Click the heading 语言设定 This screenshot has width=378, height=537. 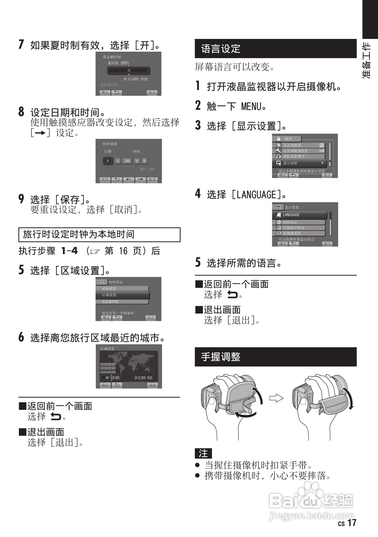pyautogui.click(x=221, y=49)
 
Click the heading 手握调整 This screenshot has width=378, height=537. pyautogui.click(x=221, y=357)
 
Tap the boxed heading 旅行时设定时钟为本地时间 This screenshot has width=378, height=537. pyautogui.click(x=79, y=234)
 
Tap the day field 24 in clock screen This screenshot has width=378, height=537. pyautogui.click(x=108, y=161)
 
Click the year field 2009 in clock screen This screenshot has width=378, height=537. pyautogui.click(x=127, y=161)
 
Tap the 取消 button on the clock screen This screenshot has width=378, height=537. pyautogui.click(x=152, y=179)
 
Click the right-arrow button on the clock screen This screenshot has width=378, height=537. pyautogui.click(x=140, y=179)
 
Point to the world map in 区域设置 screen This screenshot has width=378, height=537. pyautogui.click(x=129, y=362)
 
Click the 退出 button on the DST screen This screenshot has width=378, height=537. pyautogui.click(x=152, y=92)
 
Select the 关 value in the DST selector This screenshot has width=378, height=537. pyautogui.click(x=129, y=71)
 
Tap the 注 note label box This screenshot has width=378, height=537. pyautogui.click(x=203, y=453)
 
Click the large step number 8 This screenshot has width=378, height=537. pyautogui.click(x=21, y=112)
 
